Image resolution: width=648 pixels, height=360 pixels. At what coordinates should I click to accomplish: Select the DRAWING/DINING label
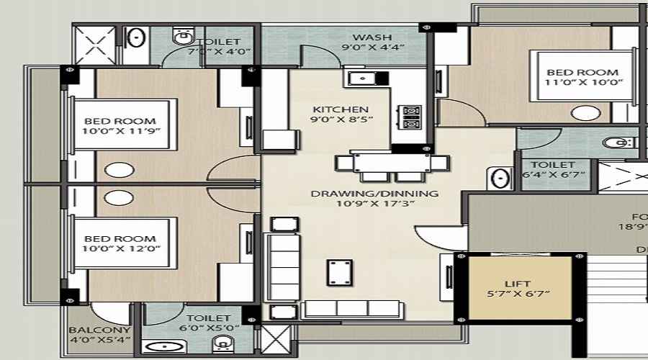(374, 194)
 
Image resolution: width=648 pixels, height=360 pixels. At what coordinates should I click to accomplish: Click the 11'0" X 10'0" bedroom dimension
(582, 83)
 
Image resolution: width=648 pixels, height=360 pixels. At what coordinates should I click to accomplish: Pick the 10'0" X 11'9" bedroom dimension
(120, 132)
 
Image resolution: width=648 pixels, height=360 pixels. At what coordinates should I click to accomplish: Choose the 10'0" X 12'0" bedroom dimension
(120, 250)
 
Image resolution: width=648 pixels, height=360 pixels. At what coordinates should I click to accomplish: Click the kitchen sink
(358, 77)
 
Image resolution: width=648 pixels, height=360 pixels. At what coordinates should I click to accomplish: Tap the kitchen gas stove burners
(411, 117)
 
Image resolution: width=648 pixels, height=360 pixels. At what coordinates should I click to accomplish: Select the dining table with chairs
(382, 166)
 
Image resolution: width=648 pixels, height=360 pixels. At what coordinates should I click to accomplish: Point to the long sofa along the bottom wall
(352, 309)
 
